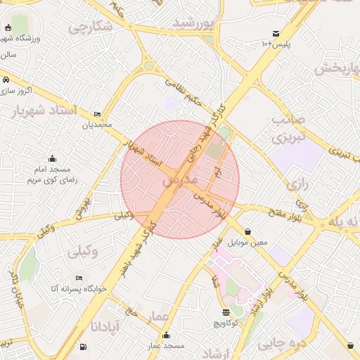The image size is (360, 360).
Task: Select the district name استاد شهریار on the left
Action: [x=33, y=110]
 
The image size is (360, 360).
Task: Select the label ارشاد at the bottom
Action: [x=207, y=352]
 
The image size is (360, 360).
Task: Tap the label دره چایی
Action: [x=281, y=343]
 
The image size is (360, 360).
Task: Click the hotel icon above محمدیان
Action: [x=97, y=114]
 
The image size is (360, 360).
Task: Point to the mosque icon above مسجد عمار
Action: [x=166, y=335]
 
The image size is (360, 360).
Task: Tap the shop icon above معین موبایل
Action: [x=248, y=231]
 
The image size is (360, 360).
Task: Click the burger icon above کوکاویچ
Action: [x=225, y=312]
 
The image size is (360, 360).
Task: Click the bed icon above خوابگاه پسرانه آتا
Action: [x=78, y=278]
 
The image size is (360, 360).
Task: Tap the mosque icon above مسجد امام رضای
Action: [x=51, y=158]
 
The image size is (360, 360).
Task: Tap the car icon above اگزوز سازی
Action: [x=6, y=79]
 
